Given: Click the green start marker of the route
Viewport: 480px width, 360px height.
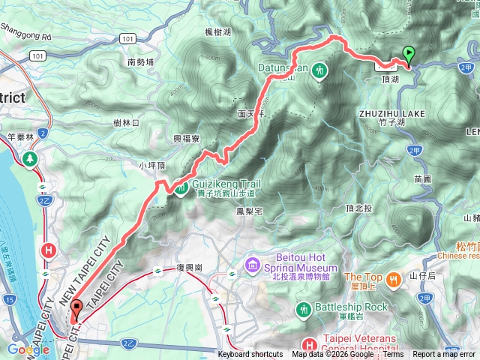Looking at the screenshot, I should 409,54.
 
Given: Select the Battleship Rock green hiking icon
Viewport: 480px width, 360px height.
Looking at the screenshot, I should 303,308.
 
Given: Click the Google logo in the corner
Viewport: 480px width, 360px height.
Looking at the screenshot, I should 28,349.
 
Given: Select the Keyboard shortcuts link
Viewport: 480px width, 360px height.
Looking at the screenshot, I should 250,355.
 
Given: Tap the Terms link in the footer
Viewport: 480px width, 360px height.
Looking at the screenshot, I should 393,355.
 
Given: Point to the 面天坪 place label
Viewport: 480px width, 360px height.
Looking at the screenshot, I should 251,115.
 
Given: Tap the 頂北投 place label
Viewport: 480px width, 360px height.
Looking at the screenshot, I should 359,208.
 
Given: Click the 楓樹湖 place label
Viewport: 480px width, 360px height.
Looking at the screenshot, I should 217,31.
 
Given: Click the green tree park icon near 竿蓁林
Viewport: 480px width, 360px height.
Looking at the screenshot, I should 30,159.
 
